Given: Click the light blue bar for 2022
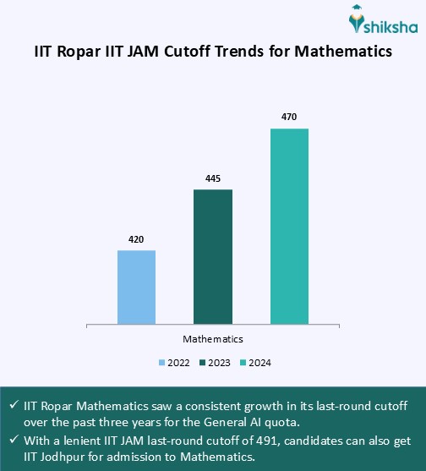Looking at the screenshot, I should (136, 287).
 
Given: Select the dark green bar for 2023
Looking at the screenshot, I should (213, 256).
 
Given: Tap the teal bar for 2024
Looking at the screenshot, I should (289, 226).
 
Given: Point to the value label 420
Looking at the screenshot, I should (136, 239).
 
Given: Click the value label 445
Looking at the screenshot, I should (213, 178).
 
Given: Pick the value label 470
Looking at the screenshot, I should (289, 118).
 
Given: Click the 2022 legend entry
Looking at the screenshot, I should (175, 363).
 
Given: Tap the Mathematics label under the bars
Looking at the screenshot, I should (213, 339).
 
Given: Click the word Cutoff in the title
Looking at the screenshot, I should (206, 52).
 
